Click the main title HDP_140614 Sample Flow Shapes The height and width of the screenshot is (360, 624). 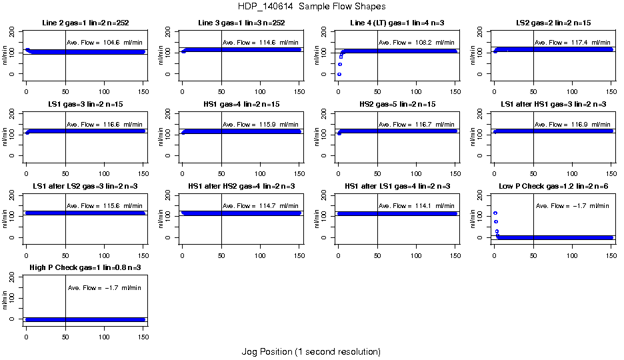311,6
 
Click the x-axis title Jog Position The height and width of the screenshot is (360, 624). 311,351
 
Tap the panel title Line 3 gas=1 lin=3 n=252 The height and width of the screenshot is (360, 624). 241,23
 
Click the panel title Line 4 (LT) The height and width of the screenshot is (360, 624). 397,23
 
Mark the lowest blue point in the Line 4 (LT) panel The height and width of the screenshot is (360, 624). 339,74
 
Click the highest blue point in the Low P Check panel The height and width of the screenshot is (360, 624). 495,213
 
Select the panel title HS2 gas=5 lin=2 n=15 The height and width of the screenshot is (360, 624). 397,105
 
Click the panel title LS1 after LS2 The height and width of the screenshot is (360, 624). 85,186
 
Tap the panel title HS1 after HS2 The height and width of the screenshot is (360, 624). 241,186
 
